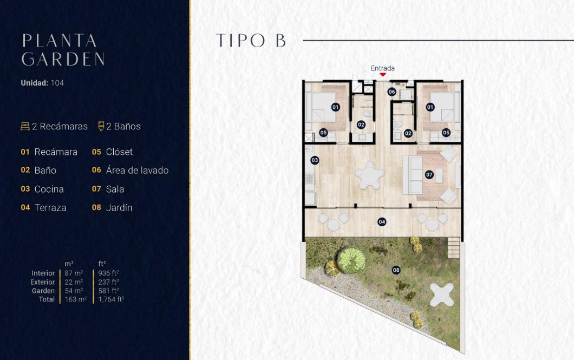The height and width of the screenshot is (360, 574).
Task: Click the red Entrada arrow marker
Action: pos(382,75)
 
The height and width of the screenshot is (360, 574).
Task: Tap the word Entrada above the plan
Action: pos(382,68)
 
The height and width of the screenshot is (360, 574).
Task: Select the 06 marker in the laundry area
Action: pos(392,91)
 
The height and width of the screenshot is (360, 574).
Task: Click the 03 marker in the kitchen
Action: pos(315,160)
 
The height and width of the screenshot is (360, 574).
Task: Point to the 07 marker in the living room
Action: pos(429,174)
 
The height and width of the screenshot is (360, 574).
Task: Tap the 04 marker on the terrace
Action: pos(382,222)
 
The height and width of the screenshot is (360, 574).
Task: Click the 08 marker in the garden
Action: pos(396,270)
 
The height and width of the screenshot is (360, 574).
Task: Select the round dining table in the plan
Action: pos(370,175)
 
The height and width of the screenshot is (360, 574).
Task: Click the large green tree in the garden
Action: pos(351,260)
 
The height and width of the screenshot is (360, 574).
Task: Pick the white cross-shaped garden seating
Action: pos(442,295)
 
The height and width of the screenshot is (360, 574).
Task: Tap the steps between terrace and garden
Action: pos(454,248)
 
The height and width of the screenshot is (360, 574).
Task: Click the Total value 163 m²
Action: pos(76,299)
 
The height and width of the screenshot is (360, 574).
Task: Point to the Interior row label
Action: pos(43,273)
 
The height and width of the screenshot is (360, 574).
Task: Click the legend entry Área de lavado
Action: pos(138,170)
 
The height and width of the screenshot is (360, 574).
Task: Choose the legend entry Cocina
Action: pos(49,189)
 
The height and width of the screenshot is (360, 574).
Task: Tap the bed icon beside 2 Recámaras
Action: pos(25,126)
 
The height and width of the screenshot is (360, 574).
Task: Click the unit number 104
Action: pos(57,83)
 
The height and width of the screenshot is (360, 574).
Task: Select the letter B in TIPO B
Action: pos(281,40)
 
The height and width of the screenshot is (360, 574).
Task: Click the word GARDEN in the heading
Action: pos(63,59)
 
